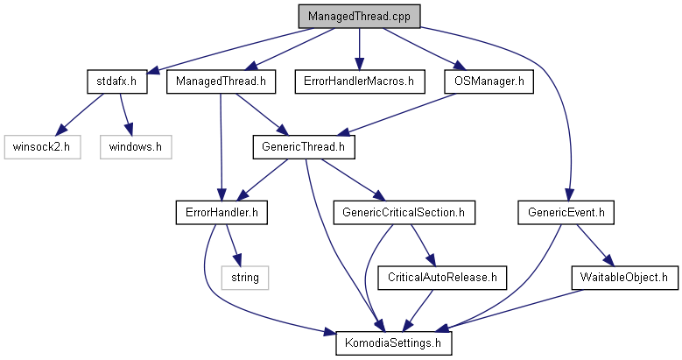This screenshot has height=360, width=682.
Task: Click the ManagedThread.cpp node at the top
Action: [359, 17]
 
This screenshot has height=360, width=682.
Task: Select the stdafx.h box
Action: [117, 81]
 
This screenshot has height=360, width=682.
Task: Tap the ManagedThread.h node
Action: [221, 81]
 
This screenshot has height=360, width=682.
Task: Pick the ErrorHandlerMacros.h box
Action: [360, 81]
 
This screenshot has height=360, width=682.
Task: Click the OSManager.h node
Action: [489, 81]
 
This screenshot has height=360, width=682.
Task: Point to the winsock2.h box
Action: [42, 147]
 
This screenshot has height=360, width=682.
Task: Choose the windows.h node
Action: [136, 147]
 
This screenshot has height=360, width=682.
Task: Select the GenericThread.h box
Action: [304, 147]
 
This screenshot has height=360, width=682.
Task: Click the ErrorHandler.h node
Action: [221, 213]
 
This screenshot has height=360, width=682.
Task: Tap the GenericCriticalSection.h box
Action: [404, 213]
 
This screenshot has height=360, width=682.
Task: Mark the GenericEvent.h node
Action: [566, 213]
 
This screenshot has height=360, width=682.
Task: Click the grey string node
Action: [245, 278]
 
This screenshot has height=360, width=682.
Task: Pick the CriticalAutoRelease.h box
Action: [442, 278]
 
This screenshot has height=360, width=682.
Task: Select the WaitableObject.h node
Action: [624, 278]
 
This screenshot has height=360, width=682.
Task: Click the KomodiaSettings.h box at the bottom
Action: [393, 343]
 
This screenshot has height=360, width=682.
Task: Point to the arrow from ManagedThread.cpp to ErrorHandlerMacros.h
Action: [359, 49]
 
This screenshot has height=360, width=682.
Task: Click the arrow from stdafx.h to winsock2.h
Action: [80, 114]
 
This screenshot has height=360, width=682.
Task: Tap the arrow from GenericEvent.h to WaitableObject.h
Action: [595, 245]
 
